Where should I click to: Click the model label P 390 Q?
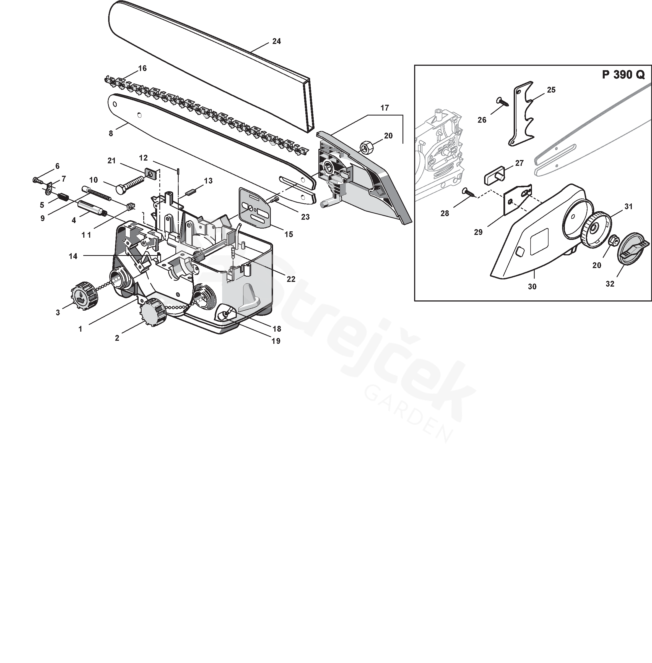tap(623, 75)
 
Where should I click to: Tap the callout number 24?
tap(276, 41)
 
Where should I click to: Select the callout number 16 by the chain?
tap(142, 69)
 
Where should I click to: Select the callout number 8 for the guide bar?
tap(111, 133)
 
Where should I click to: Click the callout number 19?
tap(276, 341)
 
